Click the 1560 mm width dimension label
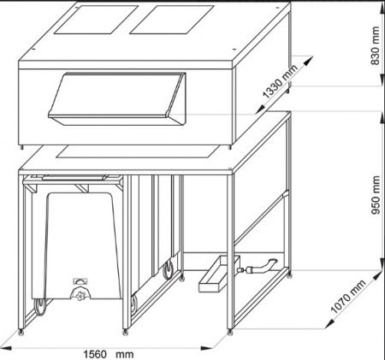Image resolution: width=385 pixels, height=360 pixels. pos(109,354)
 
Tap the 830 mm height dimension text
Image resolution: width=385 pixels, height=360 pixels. pos(376,45)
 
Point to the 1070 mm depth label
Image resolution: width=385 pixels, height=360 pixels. pos(348,297)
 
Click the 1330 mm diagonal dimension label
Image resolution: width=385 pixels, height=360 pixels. pos(281,81)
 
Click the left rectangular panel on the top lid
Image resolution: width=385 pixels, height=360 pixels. pos(96,20)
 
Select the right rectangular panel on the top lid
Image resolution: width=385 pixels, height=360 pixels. pos(172,20)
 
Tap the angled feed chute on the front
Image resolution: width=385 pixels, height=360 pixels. pos(117,98)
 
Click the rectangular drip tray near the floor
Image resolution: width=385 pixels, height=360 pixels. pos(219,274)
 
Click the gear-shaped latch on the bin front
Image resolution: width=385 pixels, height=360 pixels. pos(80,293)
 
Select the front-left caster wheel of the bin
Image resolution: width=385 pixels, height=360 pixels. pos(39,307)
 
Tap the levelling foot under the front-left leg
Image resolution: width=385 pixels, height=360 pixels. pos(21,332)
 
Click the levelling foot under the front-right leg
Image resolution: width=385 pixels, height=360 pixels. pos(230,332)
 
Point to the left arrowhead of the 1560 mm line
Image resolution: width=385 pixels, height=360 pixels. pos(6,348)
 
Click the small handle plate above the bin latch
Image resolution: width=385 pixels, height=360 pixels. pos(80,281)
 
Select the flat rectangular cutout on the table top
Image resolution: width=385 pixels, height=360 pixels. pos(138,151)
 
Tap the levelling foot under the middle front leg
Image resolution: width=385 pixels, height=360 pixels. pos(126,332)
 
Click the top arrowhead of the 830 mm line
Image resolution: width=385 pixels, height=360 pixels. pos(382,8)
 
